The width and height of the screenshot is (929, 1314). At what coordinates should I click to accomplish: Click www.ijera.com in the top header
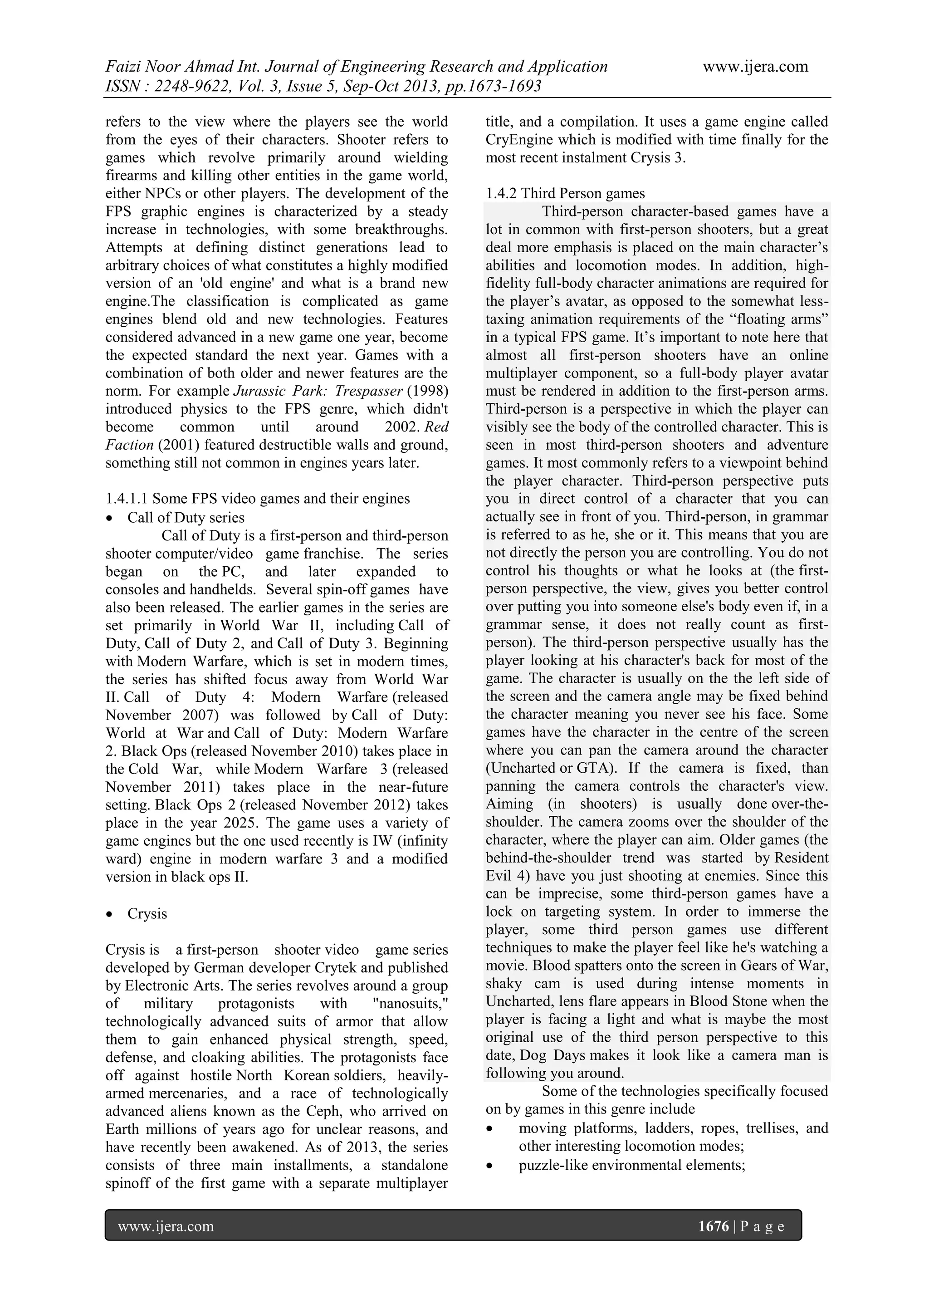[755, 67]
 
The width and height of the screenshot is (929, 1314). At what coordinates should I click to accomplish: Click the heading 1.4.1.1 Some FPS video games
[257, 499]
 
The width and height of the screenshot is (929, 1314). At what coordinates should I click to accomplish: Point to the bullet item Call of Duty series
[186, 517]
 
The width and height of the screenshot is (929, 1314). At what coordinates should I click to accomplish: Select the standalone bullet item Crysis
[147, 913]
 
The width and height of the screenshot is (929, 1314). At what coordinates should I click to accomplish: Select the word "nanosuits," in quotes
[410, 1003]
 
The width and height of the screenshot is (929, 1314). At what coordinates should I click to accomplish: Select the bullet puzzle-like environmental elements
[631, 1165]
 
